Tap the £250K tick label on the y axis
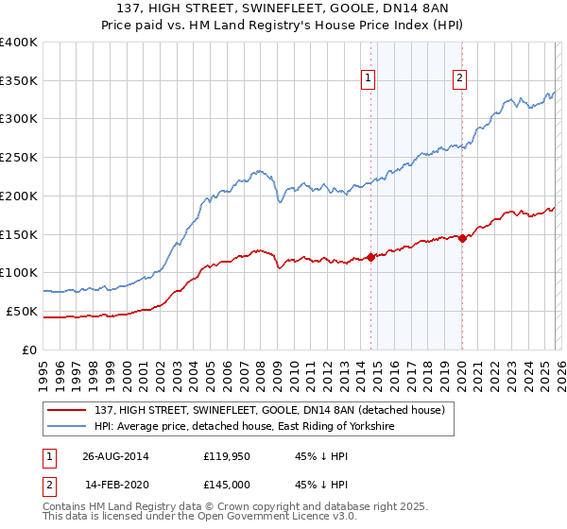(19, 157)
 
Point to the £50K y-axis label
(22, 311)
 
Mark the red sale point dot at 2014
(370, 256)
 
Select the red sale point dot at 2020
(462, 239)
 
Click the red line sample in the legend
(67, 410)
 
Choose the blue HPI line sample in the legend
(67, 427)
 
